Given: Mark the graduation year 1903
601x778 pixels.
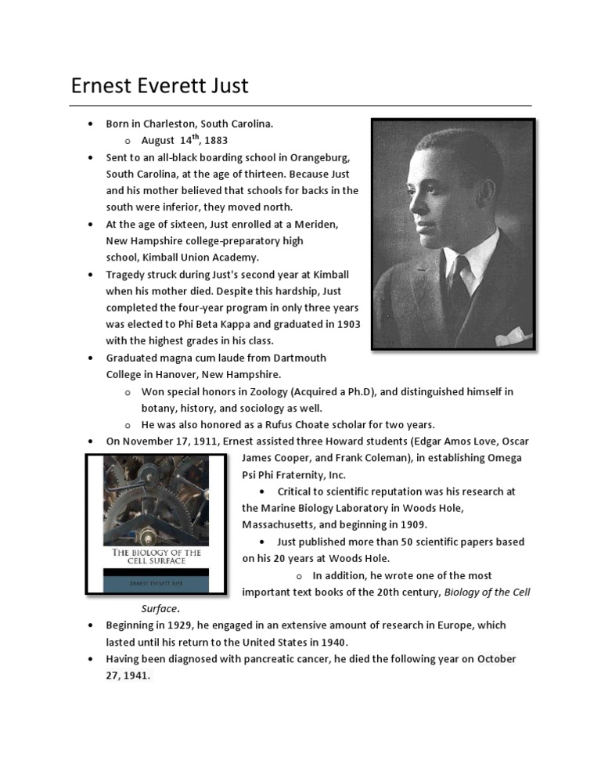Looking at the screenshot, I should click(x=344, y=324).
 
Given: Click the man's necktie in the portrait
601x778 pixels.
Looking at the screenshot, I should click(x=457, y=278).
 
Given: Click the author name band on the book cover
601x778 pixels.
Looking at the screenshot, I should click(x=156, y=582).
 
